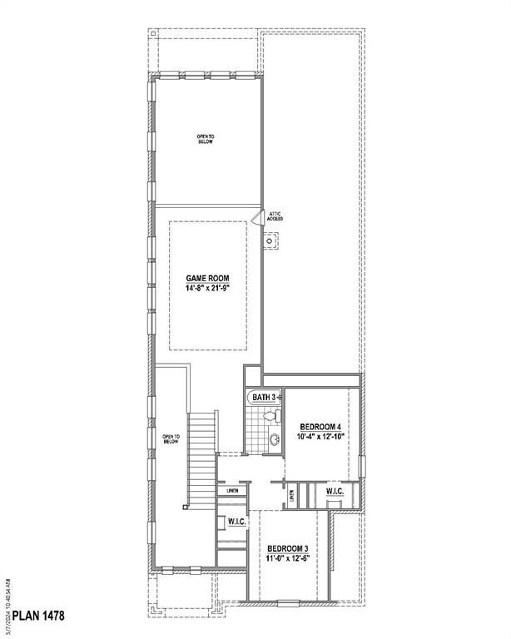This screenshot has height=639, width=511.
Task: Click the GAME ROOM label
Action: click(x=207, y=278)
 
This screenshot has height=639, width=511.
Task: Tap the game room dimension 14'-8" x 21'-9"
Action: click(x=207, y=288)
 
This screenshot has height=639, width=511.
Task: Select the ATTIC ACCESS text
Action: click(x=275, y=216)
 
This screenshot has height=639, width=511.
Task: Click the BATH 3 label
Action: click(x=263, y=398)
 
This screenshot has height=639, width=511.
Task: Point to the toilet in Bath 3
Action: click(x=269, y=416)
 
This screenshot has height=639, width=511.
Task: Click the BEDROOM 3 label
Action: click(x=288, y=548)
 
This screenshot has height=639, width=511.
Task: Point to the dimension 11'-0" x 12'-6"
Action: click(x=288, y=559)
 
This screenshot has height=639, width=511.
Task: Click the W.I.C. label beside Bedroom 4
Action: click(x=335, y=492)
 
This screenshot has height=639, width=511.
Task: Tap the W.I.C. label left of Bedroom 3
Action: click(x=236, y=523)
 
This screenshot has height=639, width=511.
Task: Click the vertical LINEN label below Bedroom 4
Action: click(x=290, y=496)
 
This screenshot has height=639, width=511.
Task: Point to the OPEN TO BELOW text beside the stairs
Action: click(x=169, y=437)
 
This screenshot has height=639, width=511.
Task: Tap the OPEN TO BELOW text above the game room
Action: click(x=206, y=139)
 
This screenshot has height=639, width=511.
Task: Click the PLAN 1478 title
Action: click(x=38, y=616)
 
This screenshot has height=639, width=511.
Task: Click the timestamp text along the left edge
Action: click(x=7, y=598)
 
